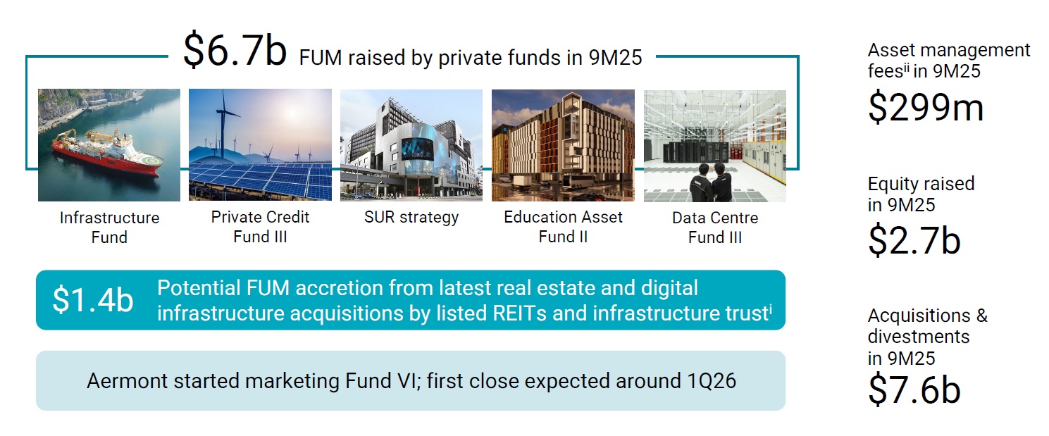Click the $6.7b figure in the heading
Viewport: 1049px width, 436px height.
[x=235, y=51]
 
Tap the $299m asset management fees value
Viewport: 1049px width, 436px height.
[x=925, y=107]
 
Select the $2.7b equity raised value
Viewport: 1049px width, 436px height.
[x=914, y=240]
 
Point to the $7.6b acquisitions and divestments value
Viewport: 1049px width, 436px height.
[x=914, y=391]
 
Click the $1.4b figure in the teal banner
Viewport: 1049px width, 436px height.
[x=92, y=299]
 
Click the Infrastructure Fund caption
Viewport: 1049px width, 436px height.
[x=109, y=227]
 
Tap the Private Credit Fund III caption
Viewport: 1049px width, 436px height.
[x=260, y=226]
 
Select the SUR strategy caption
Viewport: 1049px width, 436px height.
[x=411, y=217]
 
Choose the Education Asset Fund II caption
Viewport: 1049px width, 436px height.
[x=563, y=226]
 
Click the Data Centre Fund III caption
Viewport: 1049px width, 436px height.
[x=714, y=227]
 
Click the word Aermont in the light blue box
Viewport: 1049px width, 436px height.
[x=130, y=381]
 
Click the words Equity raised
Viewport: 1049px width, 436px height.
[x=921, y=184]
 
